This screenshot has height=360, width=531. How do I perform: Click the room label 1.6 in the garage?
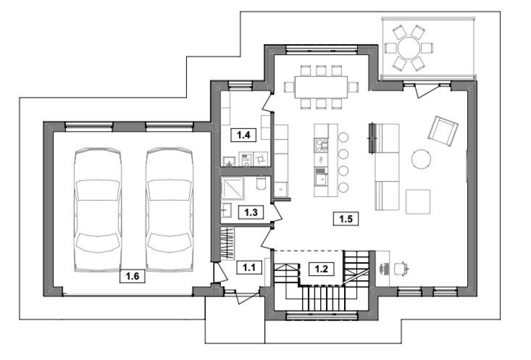(132, 276)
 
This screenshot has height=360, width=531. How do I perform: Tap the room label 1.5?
(346, 219)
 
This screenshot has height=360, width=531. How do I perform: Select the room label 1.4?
(243, 135)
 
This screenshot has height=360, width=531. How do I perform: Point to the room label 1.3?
(251, 212)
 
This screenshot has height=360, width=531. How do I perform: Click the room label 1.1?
(249, 268)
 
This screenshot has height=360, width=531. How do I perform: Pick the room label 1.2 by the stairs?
(321, 269)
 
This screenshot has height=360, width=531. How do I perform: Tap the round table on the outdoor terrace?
(409, 48)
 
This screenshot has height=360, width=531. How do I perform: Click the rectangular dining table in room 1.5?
(321, 87)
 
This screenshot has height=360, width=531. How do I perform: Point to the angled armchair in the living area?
(443, 131)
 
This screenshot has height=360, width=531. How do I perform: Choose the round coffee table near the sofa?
(421, 159)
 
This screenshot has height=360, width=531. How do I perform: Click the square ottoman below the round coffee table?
(418, 202)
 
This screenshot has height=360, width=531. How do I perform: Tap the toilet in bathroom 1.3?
(261, 183)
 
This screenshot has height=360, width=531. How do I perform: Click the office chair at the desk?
(402, 268)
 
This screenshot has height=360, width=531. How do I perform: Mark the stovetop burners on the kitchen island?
(321, 145)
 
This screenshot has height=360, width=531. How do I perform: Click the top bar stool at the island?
(344, 137)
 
